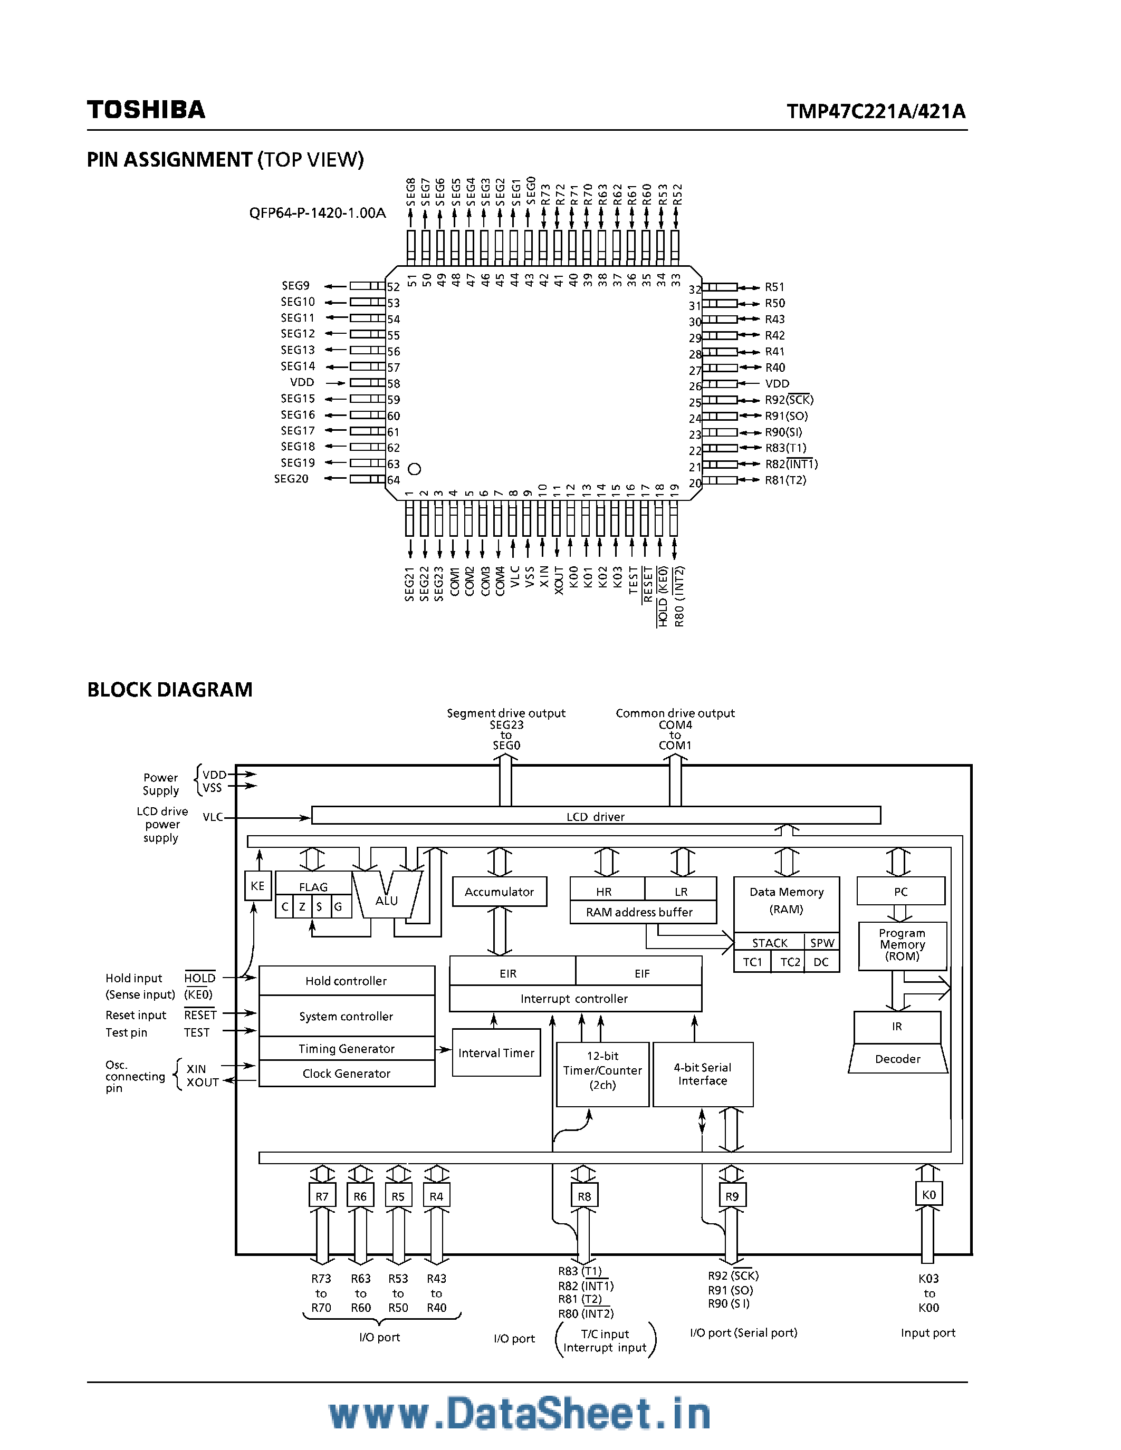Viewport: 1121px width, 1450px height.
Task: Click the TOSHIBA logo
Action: pos(146,110)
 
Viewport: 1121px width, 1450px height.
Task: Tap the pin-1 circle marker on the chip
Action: pos(415,469)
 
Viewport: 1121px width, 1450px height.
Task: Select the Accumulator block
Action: pos(500,892)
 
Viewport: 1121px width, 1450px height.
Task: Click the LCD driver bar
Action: pos(595,816)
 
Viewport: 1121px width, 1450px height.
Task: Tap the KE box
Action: pos(257,886)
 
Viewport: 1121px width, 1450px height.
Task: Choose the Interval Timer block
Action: pos(496,1053)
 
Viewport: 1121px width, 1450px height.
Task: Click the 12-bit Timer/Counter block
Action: pos(602,1070)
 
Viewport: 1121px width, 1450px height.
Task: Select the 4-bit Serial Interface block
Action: pos(703,1074)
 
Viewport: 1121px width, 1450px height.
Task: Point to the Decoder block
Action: pos(897,1059)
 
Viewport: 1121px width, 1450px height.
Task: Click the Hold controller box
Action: pos(346,981)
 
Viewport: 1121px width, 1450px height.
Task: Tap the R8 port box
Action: pos(585,1196)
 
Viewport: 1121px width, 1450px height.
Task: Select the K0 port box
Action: pos(928,1194)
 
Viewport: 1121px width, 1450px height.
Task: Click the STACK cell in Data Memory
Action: pos(769,943)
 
